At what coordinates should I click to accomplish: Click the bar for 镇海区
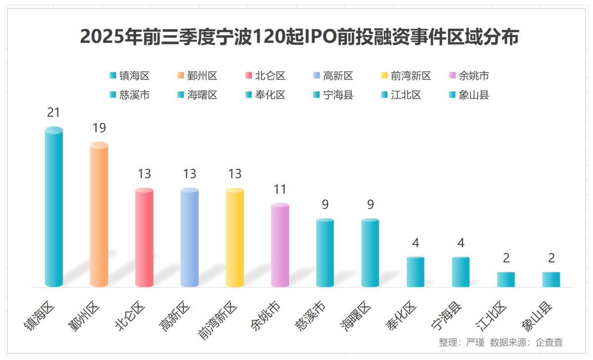[x=54, y=208]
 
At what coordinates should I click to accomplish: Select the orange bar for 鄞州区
[x=99, y=215]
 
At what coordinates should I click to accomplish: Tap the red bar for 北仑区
[x=144, y=237]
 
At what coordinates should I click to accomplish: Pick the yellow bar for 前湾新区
[x=235, y=237]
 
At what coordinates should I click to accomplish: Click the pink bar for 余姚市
[x=280, y=245]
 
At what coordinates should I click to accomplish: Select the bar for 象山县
[x=551, y=279]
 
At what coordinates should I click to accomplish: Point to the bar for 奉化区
[x=416, y=272]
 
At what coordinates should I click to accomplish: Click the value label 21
[x=53, y=112]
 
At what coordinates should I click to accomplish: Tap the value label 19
[x=99, y=128]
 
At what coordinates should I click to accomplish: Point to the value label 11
[x=280, y=189]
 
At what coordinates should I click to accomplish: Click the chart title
[x=299, y=37]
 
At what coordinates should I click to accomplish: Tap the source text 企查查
[x=550, y=342]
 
